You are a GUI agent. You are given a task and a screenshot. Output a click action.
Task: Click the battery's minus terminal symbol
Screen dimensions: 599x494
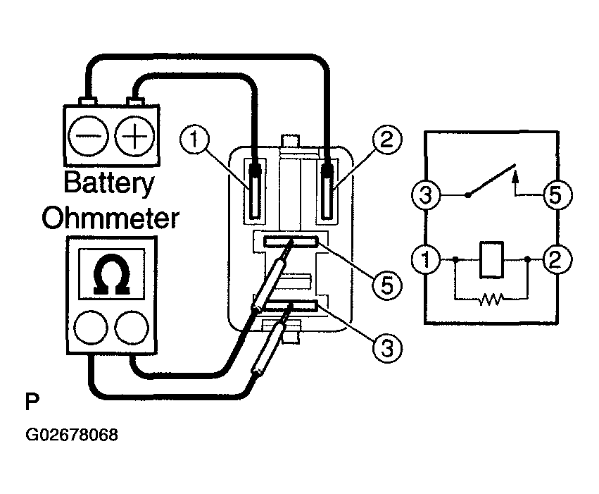click(x=88, y=136)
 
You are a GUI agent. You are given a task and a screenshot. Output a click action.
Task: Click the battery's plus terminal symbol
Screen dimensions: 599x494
click(x=135, y=136)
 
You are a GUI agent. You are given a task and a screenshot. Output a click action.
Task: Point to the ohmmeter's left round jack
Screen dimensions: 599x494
click(x=91, y=328)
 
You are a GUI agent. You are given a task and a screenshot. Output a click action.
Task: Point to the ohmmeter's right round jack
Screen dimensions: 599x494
click(x=132, y=328)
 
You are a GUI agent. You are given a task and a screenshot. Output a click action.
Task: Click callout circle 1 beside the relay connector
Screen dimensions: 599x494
click(x=195, y=140)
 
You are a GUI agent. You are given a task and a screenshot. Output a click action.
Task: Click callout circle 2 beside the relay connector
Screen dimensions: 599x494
click(x=387, y=140)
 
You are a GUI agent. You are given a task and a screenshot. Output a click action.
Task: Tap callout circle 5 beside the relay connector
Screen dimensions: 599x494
click(x=387, y=285)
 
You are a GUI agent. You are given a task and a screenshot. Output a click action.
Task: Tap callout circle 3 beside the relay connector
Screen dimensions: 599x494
click(x=387, y=348)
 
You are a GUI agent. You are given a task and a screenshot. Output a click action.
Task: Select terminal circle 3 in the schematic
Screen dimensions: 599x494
click(x=426, y=195)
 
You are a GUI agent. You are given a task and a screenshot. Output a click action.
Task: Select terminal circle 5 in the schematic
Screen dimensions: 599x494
click(x=557, y=195)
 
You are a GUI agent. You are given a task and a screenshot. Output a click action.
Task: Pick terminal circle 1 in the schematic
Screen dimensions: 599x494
click(x=426, y=259)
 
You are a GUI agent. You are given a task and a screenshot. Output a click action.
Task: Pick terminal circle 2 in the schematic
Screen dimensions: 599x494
click(x=557, y=259)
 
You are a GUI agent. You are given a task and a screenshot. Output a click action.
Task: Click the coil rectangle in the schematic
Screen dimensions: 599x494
click(x=491, y=259)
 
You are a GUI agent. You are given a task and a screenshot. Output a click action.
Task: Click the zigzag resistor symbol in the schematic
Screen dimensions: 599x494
click(x=491, y=300)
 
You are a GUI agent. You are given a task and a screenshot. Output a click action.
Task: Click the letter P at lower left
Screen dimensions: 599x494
click(x=32, y=402)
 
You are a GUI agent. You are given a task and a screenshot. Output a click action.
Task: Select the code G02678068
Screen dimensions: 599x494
click(x=72, y=435)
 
